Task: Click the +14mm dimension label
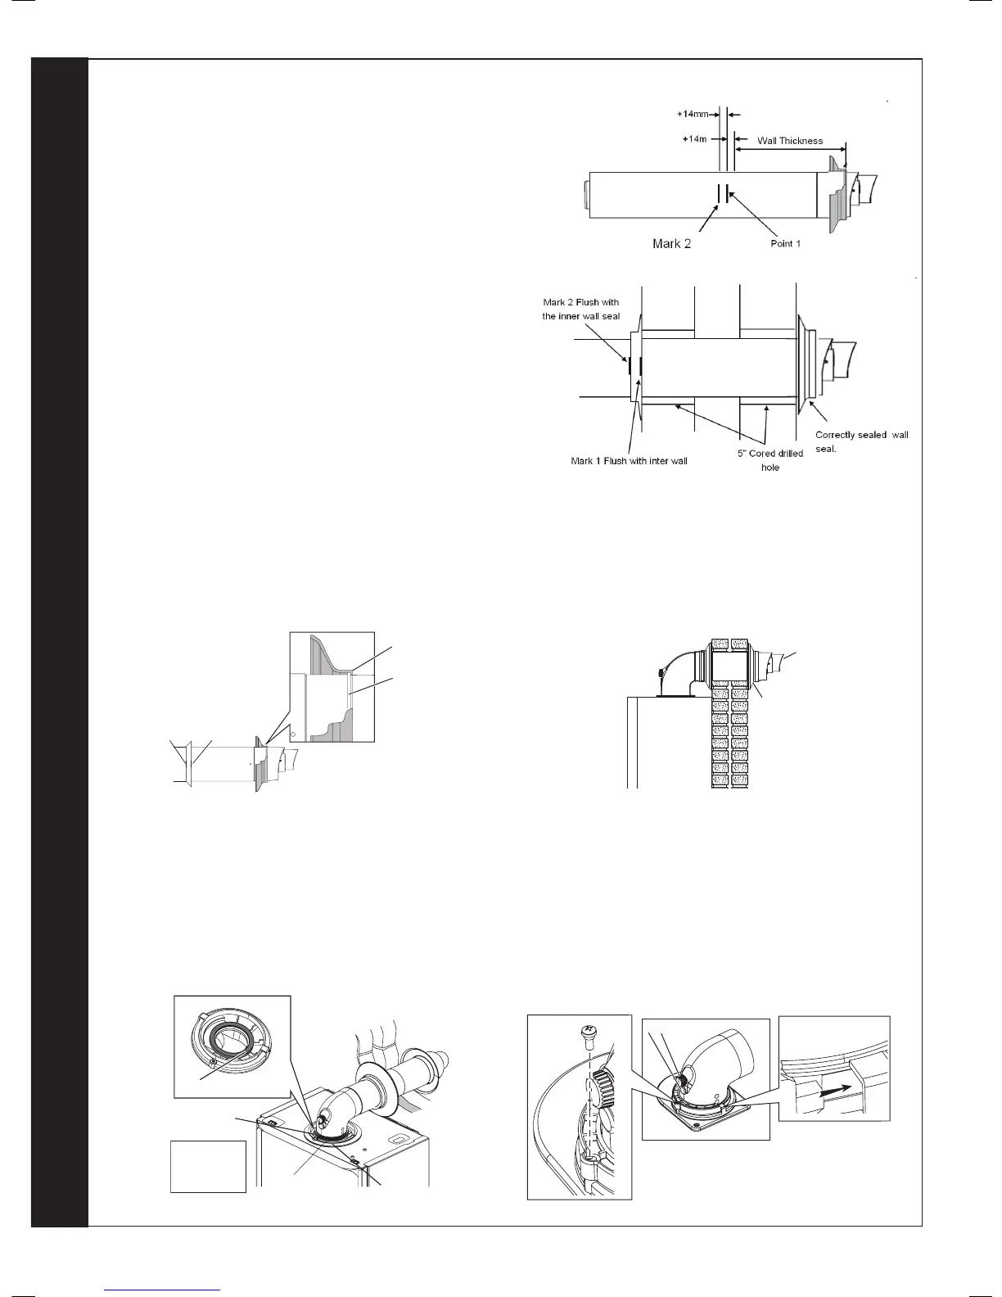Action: click(x=692, y=115)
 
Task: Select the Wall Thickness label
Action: click(x=789, y=141)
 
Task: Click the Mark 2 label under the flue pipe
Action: click(x=671, y=244)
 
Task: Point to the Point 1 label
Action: click(x=785, y=244)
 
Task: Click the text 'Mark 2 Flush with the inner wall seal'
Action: click(x=581, y=310)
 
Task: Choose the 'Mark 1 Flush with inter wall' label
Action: click(x=629, y=461)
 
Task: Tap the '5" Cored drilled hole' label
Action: click(x=770, y=460)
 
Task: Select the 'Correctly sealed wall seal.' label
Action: click(x=861, y=442)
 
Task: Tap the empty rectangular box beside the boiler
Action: click(x=208, y=1166)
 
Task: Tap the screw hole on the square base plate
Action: click(x=697, y=1126)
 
